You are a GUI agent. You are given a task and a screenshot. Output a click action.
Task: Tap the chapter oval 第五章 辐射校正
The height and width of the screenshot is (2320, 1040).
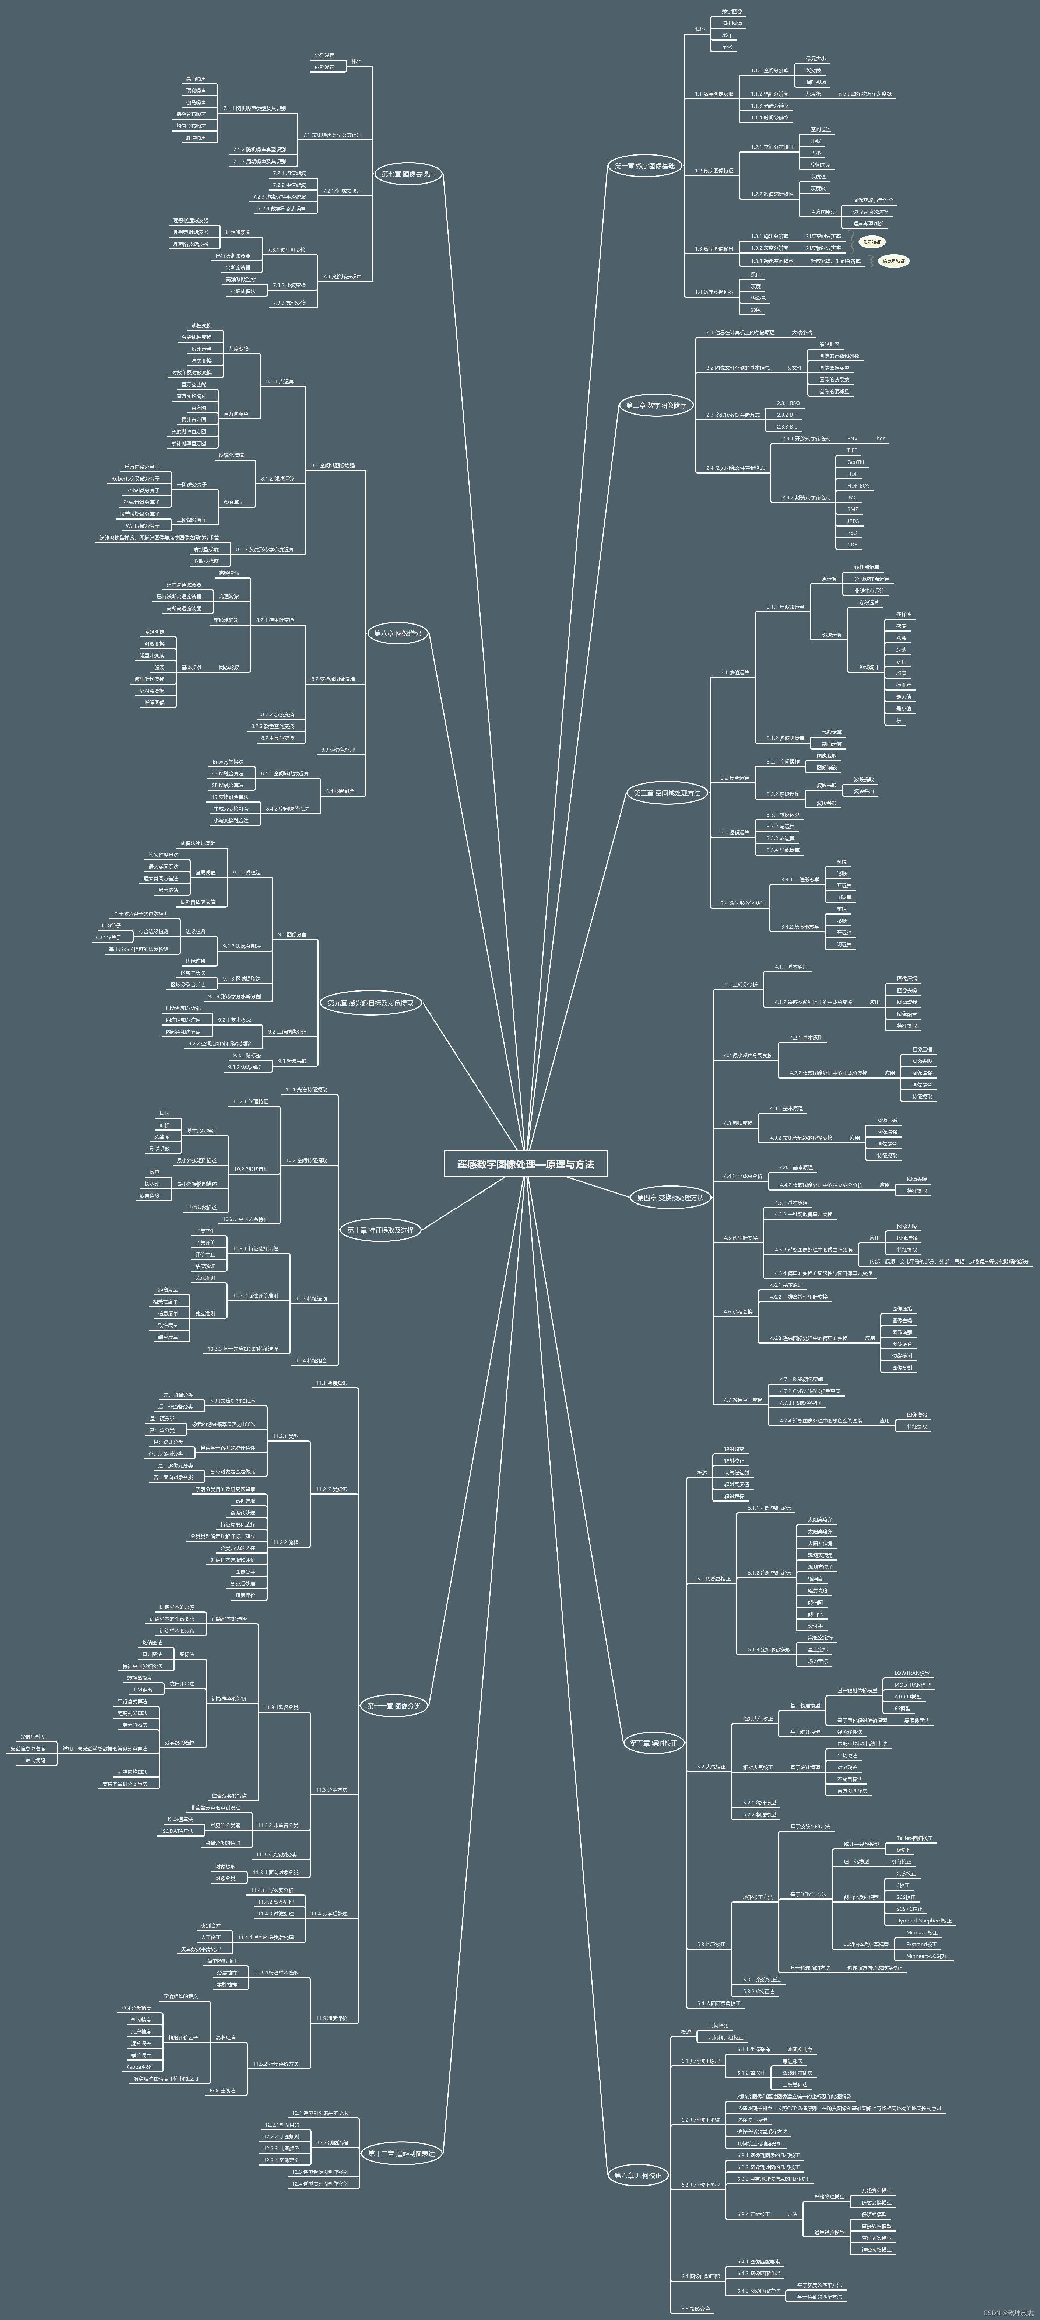653,1743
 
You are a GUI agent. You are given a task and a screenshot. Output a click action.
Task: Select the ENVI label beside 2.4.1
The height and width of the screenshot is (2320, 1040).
853,439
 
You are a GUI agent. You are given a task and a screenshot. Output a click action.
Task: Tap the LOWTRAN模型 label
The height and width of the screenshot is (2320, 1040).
912,1673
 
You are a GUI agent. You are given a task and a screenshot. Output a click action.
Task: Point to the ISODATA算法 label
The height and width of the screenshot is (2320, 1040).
176,1831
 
